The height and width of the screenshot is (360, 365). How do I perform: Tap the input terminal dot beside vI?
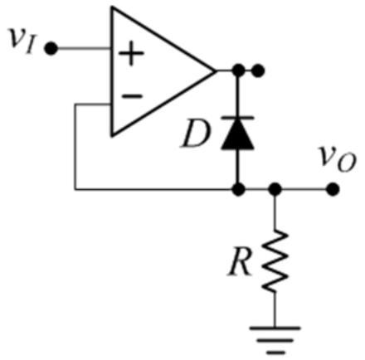click(x=51, y=49)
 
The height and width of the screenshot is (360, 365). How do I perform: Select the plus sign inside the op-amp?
click(x=131, y=54)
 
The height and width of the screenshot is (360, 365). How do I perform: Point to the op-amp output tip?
click(x=215, y=71)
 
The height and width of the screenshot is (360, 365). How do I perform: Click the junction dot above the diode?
click(x=238, y=71)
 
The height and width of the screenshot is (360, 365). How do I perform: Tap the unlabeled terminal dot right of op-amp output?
click(x=258, y=71)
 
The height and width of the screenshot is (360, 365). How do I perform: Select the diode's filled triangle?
click(x=238, y=135)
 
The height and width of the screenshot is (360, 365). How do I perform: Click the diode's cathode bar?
click(x=238, y=118)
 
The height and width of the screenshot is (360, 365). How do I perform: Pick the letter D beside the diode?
click(x=195, y=134)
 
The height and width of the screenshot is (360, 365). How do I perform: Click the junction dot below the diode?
click(x=238, y=190)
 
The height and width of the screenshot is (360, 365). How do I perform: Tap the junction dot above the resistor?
click(x=275, y=190)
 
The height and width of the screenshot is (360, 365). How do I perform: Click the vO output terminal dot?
click(x=333, y=190)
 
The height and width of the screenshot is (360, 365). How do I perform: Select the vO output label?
click(x=337, y=160)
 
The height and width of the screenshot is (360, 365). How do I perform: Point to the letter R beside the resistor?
click(x=240, y=262)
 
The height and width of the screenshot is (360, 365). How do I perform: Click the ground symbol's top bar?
click(x=275, y=328)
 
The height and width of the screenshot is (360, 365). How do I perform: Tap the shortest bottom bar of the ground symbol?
click(x=275, y=353)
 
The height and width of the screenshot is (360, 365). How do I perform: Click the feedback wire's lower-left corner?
click(x=75, y=190)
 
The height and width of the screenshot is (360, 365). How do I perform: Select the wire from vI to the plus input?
click(x=84, y=49)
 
